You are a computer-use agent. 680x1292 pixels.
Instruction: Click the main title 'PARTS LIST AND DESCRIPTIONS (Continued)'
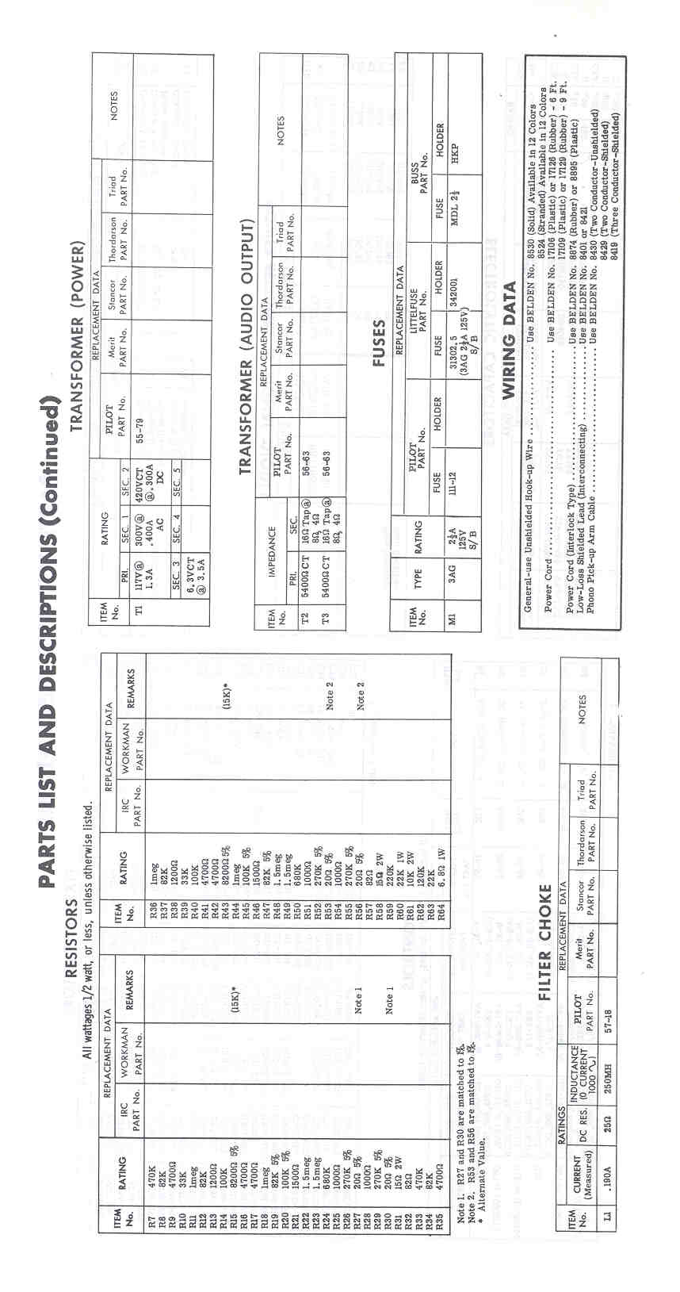tap(48, 642)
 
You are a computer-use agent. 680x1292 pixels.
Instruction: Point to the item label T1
tap(139, 608)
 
